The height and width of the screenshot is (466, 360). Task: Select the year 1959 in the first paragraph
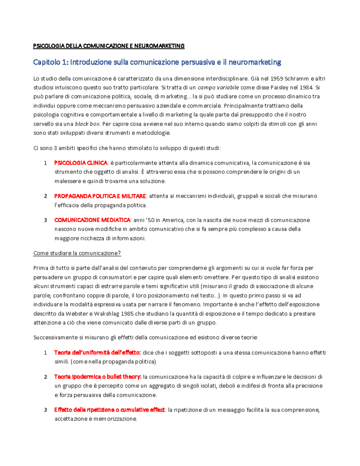(277, 79)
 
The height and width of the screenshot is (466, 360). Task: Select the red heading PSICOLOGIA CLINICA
(81, 163)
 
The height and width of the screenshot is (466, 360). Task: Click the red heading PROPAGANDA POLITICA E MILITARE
(100, 196)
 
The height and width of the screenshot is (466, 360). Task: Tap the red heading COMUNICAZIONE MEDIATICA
(92, 220)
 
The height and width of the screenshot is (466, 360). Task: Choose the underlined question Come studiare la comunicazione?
(77, 253)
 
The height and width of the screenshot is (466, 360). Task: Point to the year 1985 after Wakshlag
(127, 314)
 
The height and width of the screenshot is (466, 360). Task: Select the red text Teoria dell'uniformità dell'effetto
(97, 353)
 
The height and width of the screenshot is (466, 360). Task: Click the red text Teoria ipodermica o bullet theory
(97, 377)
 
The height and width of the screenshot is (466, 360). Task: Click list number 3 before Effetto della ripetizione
(46, 410)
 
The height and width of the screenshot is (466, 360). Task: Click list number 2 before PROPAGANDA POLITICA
(46, 196)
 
